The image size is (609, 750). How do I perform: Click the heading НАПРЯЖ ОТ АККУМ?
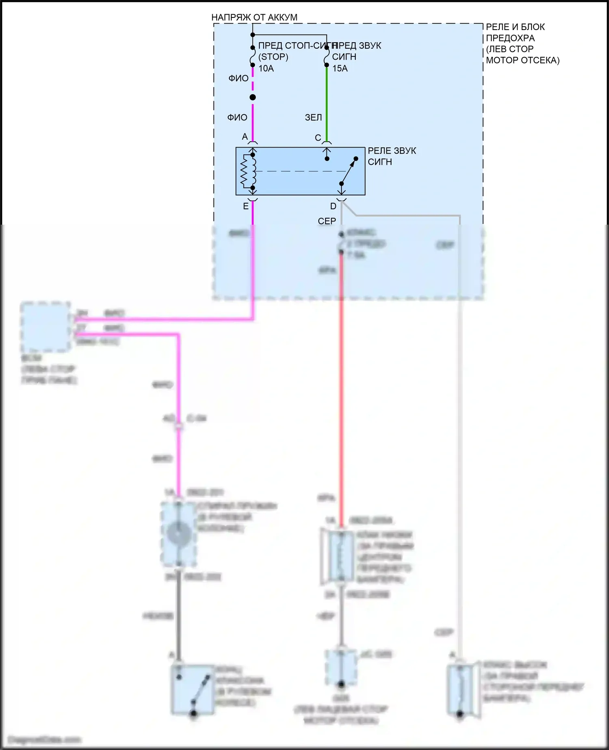click(254, 17)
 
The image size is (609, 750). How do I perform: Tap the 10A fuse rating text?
click(266, 68)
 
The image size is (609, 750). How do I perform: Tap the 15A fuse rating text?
click(340, 68)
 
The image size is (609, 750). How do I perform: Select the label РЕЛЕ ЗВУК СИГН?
click(391, 156)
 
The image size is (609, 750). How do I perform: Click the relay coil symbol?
click(248, 171)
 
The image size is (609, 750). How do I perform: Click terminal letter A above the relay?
click(244, 137)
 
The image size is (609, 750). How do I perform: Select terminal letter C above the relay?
click(318, 138)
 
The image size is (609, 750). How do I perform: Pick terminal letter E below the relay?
click(246, 206)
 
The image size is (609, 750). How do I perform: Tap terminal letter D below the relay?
click(333, 206)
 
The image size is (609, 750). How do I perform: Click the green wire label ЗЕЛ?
click(313, 117)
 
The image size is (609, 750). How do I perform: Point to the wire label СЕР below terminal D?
click(327, 221)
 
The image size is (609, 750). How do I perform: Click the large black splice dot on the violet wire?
click(253, 97)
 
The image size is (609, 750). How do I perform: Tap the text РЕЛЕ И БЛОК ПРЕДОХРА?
click(516, 33)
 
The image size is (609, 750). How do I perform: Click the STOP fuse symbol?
click(253, 56)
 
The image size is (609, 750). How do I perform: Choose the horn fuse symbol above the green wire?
click(327, 56)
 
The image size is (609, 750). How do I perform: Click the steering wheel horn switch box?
click(193, 689)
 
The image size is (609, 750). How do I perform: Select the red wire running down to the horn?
click(341, 386)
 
